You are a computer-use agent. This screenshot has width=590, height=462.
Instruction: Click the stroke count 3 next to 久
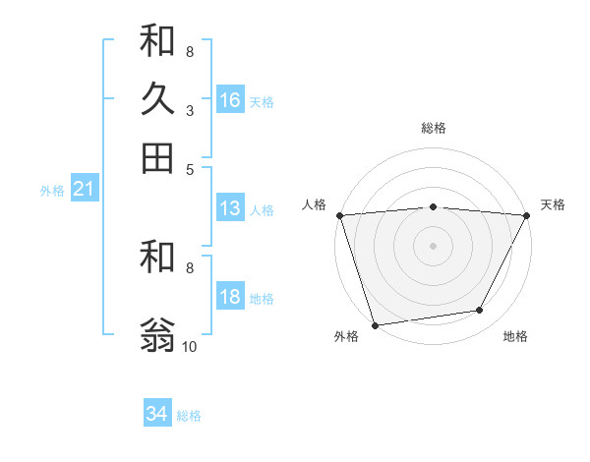(189, 111)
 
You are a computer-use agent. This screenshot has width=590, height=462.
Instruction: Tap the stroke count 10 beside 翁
(190, 347)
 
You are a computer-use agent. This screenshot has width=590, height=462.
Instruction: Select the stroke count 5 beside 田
(189, 169)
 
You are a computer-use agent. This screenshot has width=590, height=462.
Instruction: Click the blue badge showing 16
(230, 99)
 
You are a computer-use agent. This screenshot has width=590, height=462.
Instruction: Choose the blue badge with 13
(230, 208)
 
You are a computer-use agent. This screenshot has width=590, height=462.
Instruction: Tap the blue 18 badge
(230, 298)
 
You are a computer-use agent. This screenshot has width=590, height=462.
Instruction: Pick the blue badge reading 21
(84, 189)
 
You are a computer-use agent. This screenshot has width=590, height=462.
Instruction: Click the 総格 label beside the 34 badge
(189, 416)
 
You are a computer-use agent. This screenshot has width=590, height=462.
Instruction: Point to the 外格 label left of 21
(51, 191)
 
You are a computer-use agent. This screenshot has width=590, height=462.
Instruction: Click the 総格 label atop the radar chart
(433, 128)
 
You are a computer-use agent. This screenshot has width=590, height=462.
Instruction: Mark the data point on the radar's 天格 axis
(527, 215)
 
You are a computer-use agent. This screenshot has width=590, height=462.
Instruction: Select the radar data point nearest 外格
(375, 324)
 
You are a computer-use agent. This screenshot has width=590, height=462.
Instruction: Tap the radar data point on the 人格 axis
(339, 215)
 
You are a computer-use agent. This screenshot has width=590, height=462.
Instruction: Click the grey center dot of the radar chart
(433, 245)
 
